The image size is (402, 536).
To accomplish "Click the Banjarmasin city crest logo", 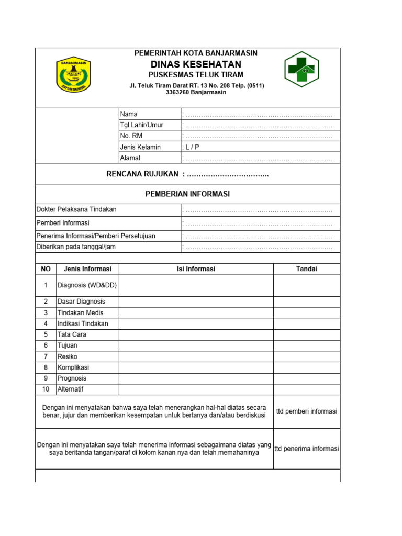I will tap(74, 74).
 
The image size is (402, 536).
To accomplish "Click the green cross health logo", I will tap(301, 69).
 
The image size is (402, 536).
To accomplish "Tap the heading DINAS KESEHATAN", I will tap(196, 64).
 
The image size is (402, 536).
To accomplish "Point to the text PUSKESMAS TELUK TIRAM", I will tap(196, 75).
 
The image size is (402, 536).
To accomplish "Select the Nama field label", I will tap(129, 114).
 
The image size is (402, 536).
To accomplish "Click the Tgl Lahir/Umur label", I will tap(141, 125).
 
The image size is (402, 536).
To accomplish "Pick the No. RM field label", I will tap(131, 136).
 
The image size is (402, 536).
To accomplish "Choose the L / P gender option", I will tap(192, 147).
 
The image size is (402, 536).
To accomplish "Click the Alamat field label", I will tap(130, 158).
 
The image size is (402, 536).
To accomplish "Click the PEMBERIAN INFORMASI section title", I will tap(187, 194).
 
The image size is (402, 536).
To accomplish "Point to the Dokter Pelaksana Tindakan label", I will tap(76, 209).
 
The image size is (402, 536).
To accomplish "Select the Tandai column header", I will tap(307, 269).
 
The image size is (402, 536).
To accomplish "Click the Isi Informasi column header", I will tap(196, 269).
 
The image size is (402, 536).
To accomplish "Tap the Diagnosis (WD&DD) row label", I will tap(87, 285).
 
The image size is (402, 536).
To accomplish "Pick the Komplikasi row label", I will tap(73, 367).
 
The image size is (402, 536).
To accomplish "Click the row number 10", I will tap(46, 389).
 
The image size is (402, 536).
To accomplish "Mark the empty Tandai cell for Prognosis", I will tap(307, 378).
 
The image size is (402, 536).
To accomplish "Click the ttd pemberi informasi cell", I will tap(307, 411).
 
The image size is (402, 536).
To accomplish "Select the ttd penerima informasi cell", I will tap(307, 449).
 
